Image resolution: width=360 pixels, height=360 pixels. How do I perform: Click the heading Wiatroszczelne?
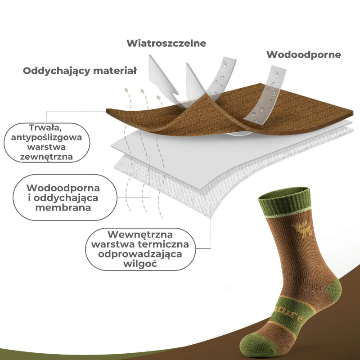coord(166,43)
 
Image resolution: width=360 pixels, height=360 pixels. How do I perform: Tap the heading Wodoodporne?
coord(304,55)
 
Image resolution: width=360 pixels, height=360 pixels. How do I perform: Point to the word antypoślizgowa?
coord(43,137)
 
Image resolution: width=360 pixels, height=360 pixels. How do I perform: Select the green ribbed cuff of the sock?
coord(285,200)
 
